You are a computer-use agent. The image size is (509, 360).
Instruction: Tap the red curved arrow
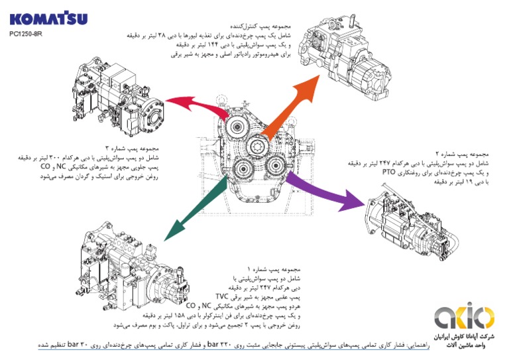click(190, 105)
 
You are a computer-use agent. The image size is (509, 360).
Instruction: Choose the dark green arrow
click(190, 213)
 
